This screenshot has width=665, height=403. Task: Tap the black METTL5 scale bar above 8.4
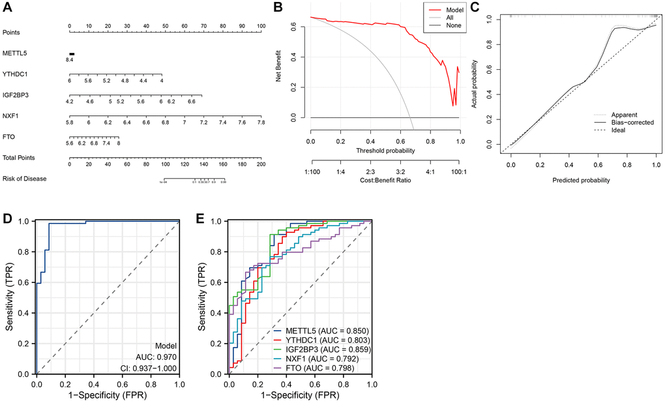tap(72, 54)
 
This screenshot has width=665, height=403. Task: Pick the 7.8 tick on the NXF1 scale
tap(261, 122)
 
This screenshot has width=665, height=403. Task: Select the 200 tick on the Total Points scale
tap(261, 164)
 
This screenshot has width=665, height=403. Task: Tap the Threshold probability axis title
tap(385, 150)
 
